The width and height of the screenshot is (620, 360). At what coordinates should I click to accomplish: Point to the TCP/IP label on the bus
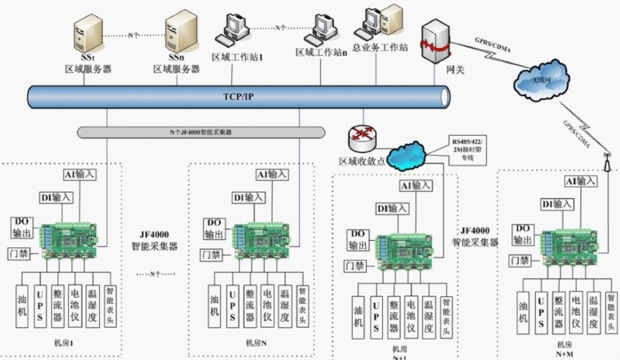click(238, 96)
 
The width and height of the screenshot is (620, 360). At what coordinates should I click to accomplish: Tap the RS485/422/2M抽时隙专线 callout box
click(468, 149)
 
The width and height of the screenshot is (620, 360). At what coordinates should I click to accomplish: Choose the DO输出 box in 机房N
click(213, 229)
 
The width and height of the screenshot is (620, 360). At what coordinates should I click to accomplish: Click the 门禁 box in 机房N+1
click(355, 266)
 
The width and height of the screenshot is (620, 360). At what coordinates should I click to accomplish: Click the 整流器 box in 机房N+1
click(393, 316)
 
